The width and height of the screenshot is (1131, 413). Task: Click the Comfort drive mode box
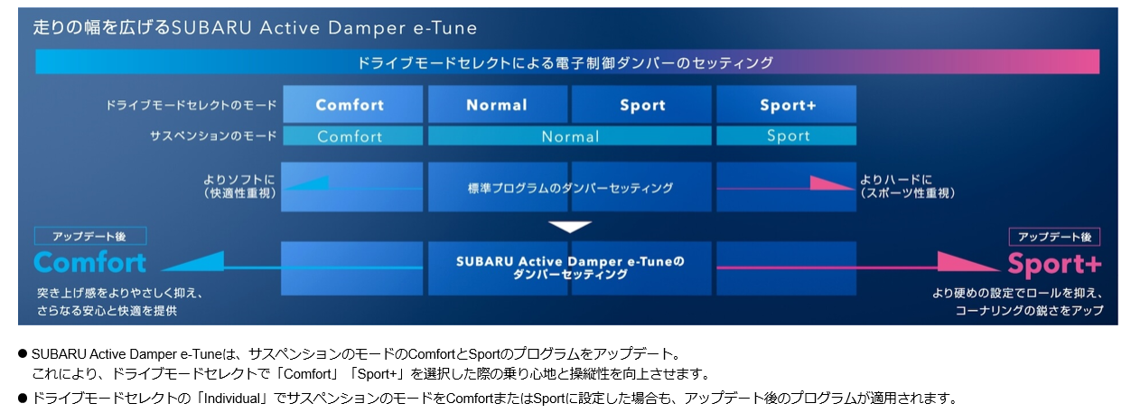(x=352, y=104)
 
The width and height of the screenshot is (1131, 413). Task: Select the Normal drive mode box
(x=498, y=104)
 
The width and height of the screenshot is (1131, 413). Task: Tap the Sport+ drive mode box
(x=786, y=104)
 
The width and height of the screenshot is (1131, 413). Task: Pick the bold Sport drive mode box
(x=641, y=104)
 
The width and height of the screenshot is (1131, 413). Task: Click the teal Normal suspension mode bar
(x=569, y=136)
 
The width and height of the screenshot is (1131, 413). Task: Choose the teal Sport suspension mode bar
(x=786, y=136)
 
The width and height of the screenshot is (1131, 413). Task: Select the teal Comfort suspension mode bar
(x=352, y=136)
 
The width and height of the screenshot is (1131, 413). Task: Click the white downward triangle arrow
(x=569, y=227)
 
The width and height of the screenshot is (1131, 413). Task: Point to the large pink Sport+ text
(x=1054, y=264)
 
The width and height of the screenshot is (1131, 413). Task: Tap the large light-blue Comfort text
(x=89, y=263)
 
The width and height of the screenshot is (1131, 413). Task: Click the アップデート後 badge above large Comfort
(x=90, y=236)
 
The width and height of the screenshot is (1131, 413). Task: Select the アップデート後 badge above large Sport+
(x=1054, y=237)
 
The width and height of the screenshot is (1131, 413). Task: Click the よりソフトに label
(x=239, y=180)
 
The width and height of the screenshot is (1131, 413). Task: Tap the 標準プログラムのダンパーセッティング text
(x=570, y=188)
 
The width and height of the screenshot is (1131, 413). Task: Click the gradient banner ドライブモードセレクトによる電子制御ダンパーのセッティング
(x=567, y=62)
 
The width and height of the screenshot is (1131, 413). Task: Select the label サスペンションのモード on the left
(x=213, y=136)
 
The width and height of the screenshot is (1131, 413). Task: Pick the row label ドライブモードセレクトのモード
(x=191, y=105)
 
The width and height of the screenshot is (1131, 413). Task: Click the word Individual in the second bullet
(x=232, y=399)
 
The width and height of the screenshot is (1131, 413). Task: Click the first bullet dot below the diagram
(x=23, y=353)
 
